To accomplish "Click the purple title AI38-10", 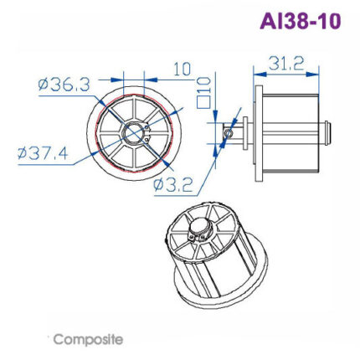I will pyautogui.click(x=301, y=21).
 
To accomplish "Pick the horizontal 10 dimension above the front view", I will pyautogui.click(x=182, y=69).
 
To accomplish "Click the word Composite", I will pyautogui.click(x=88, y=339).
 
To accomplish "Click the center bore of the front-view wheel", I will pyautogui.click(x=134, y=132).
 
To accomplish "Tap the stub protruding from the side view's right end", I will pyautogui.click(x=329, y=132).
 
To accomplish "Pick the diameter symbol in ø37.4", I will pyautogui.click(x=24, y=153).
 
